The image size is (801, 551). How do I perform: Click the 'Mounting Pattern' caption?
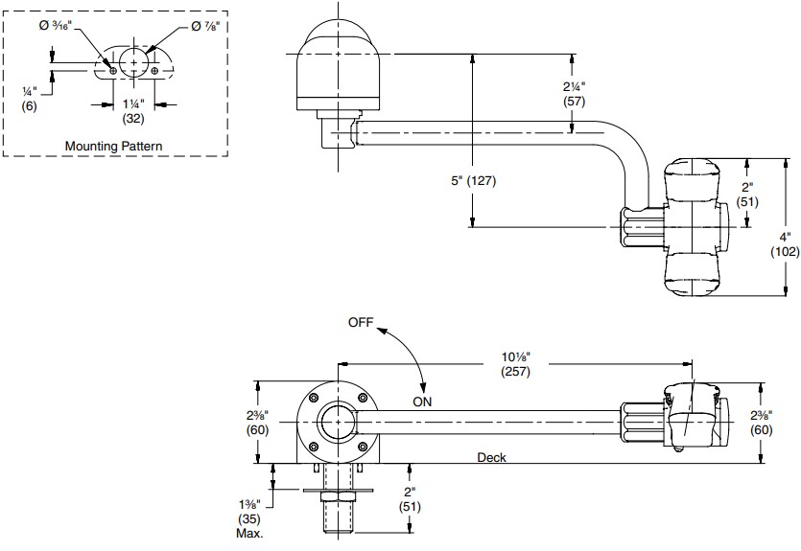[112, 146]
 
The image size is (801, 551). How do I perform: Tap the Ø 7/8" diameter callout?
[204, 27]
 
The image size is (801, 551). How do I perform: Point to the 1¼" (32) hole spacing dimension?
[132, 111]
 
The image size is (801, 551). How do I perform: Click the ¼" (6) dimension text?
[30, 98]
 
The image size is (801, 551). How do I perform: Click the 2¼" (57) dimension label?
[575, 92]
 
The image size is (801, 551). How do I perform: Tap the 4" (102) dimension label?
[786, 244]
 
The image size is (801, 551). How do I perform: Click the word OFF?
[360, 323]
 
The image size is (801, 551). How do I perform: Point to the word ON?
[423, 403]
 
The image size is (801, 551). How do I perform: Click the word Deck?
[491, 458]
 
